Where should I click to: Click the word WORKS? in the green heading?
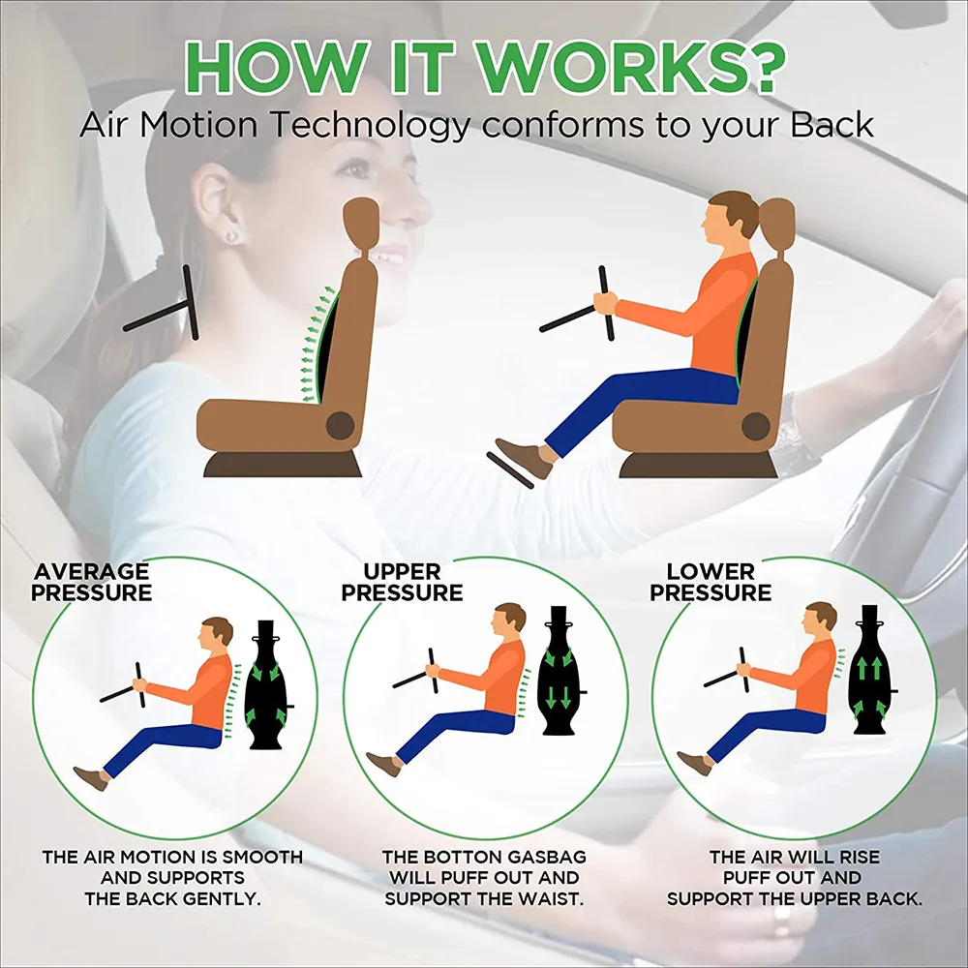coord(647,65)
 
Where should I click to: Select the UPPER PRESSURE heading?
coord(402,582)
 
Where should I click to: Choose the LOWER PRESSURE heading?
coord(711,582)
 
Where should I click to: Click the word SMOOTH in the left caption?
coord(262,857)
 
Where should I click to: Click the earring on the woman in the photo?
coord(232,236)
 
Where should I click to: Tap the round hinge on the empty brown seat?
coord(340,423)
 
